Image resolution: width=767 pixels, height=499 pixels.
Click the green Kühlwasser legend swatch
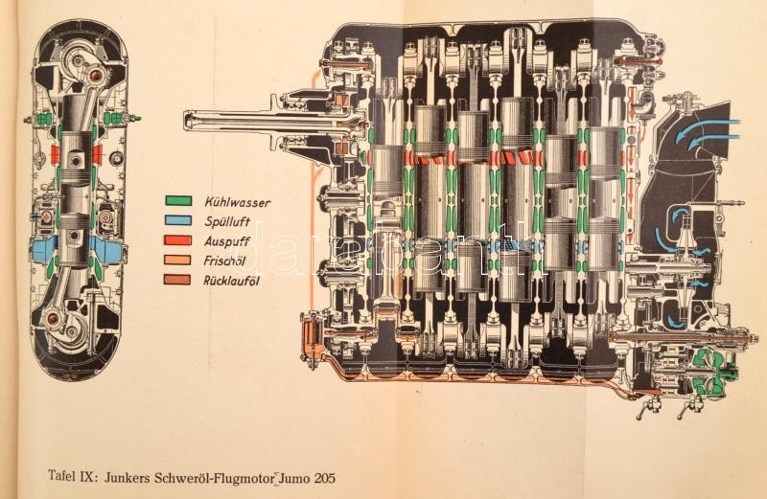(178, 201)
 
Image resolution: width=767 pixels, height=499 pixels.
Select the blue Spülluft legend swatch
(178, 220)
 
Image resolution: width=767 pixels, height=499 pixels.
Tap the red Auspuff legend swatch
(178, 240)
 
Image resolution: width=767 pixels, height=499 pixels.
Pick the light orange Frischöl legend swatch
(178, 260)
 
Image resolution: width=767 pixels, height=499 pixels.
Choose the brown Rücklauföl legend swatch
(178, 280)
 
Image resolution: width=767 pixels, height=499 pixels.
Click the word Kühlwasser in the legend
(237, 202)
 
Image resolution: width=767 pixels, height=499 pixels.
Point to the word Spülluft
(227, 221)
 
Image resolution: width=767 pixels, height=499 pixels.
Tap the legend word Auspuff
(227, 241)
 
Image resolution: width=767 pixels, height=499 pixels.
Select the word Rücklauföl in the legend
(231, 281)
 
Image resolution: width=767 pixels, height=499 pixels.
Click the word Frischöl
(224, 261)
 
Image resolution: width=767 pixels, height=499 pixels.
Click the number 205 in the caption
(325, 478)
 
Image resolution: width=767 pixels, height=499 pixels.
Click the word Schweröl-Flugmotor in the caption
(214, 478)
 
